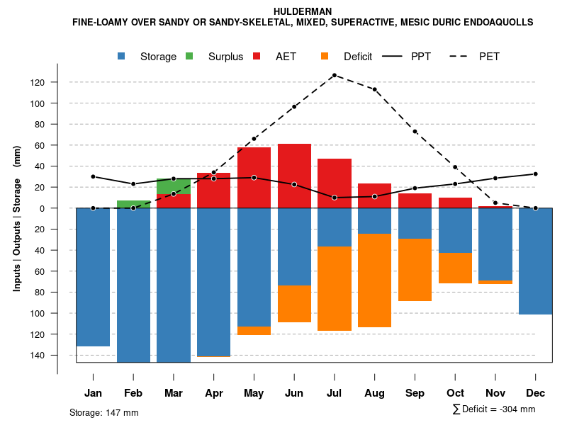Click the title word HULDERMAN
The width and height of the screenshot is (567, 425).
(x=303, y=11)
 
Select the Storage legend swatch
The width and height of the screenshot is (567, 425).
(x=122, y=57)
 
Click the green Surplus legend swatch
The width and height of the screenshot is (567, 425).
(x=189, y=57)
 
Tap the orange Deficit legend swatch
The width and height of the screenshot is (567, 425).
(x=325, y=57)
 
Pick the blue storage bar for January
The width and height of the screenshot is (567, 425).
(x=93, y=276)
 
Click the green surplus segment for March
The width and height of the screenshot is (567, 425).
(x=174, y=186)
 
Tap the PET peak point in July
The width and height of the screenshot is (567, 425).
(x=334, y=75)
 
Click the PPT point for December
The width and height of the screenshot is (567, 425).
(x=536, y=174)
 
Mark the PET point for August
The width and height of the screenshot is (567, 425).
(x=375, y=89)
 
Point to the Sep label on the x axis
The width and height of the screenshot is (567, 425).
(x=415, y=393)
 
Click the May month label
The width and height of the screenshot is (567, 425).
(x=254, y=393)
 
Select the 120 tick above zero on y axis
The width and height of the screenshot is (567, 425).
(x=38, y=83)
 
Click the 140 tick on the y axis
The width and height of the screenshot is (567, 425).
(x=38, y=355)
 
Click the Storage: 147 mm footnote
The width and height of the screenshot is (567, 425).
(x=104, y=412)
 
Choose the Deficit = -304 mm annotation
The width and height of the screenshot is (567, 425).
(x=494, y=409)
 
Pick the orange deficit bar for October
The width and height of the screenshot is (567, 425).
(x=455, y=268)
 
